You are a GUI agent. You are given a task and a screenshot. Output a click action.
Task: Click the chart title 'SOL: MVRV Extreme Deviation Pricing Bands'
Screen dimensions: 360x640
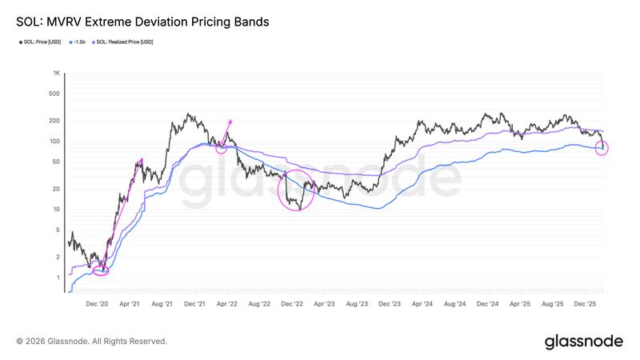tap(142, 22)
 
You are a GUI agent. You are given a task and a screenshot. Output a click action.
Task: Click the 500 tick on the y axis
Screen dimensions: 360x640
tap(55, 94)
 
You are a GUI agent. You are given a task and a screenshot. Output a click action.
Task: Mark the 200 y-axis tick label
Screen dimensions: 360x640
tap(55, 121)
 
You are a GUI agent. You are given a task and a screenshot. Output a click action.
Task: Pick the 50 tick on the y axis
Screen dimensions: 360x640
tap(57, 162)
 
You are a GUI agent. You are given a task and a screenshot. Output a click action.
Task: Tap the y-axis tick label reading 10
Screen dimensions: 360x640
tap(57, 210)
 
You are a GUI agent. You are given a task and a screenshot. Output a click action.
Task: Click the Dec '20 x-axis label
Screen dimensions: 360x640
tap(97, 304)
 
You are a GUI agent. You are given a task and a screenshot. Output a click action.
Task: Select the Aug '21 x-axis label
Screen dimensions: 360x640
tap(162, 304)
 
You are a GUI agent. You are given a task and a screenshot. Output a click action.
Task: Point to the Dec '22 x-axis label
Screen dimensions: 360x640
tap(293, 304)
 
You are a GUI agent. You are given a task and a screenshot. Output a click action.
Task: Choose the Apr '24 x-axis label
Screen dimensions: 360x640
tap(422, 304)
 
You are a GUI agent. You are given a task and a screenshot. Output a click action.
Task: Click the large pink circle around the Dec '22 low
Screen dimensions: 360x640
tap(296, 191)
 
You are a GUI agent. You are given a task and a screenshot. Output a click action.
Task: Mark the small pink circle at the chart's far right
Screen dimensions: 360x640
tap(602, 148)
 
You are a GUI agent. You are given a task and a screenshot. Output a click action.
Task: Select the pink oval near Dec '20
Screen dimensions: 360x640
tap(101, 271)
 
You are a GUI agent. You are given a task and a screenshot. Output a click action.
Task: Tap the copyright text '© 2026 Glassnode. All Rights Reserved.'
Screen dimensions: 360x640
tap(92, 342)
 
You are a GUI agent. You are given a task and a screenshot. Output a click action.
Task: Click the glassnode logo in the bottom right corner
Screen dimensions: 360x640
tap(583, 342)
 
